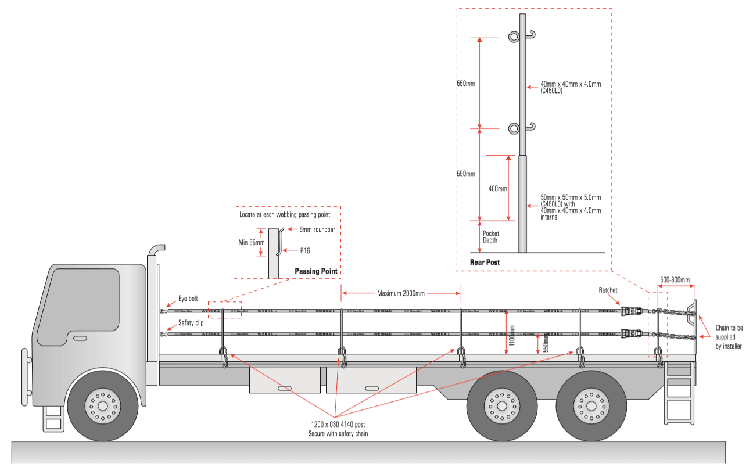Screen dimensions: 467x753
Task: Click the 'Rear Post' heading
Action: point(485,263)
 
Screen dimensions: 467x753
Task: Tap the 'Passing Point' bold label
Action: point(315,271)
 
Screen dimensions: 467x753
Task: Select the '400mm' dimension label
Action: point(498,189)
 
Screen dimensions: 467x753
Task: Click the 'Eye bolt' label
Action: point(188,299)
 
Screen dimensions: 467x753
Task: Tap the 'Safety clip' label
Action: point(191,322)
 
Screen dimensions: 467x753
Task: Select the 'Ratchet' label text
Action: point(608,289)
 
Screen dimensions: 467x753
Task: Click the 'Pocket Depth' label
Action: point(491,237)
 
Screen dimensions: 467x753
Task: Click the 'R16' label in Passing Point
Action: point(305,251)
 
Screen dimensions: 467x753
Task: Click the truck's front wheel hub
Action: point(103,402)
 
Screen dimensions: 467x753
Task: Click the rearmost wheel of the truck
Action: point(589,402)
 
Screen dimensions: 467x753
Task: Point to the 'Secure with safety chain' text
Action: point(338,434)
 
